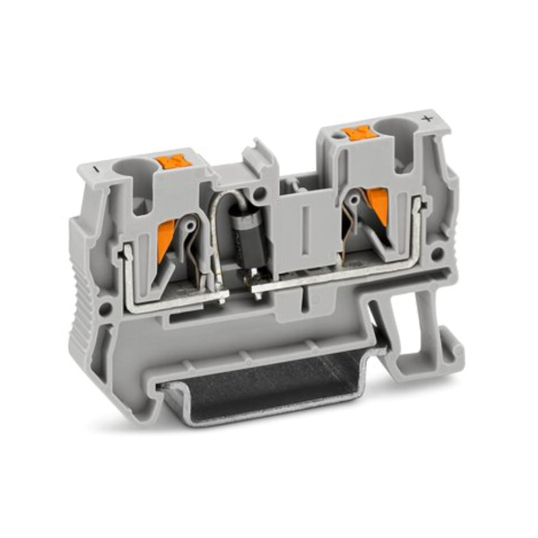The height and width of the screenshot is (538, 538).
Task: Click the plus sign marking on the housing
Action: [429, 119]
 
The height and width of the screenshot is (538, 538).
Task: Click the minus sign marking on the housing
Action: [95, 168]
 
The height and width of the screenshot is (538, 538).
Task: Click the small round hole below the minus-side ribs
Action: [106, 309]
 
